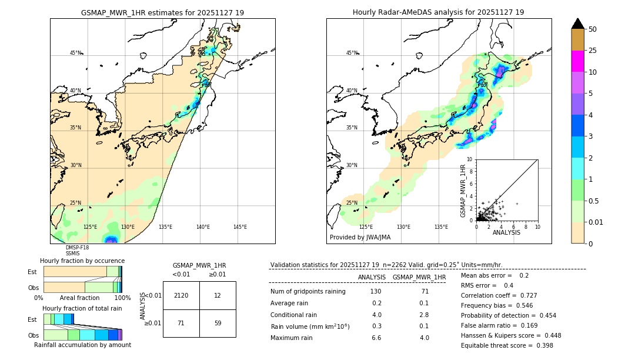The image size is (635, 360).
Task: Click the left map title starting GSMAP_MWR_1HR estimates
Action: [162, 12]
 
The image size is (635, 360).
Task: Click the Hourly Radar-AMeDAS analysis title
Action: [438, 12]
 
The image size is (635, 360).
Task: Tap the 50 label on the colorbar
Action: [593, 29]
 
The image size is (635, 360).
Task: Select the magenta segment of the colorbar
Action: [577, 61]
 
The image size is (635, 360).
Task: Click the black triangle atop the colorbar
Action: [577, 24]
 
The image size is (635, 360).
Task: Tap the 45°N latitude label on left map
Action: [75, 53]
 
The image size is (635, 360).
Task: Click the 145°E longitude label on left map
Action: [240, 227]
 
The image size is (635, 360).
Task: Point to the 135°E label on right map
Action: [441, 227]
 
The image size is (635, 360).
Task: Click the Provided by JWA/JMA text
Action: [360, 238]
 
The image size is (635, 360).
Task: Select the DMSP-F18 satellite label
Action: [77, 248]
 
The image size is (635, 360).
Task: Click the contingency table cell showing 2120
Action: [181, 295]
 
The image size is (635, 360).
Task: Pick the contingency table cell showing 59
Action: [218, 323]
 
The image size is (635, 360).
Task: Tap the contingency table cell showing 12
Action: [218, 295]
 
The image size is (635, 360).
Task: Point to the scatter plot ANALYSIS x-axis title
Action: [506, 232]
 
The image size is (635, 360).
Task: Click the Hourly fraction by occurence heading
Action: [82, 261]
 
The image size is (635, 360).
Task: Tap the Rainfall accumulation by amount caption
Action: [82, 345]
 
